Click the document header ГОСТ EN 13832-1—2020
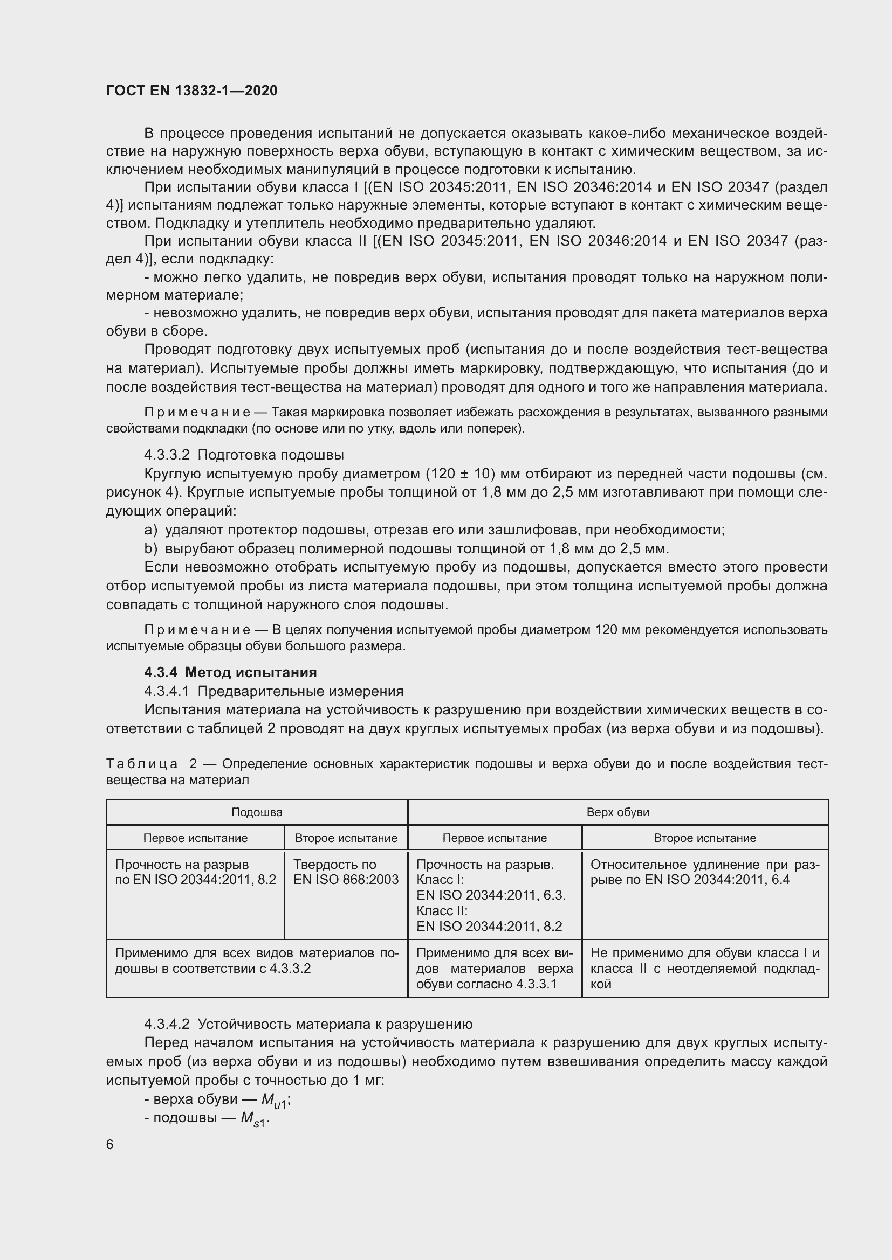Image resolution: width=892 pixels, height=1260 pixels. click(191, 91)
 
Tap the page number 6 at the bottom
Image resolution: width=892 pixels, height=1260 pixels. click(110, 1144)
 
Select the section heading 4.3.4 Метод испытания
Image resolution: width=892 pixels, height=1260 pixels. click(231, 672)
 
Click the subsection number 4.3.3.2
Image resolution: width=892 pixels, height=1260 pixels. click(167, 455)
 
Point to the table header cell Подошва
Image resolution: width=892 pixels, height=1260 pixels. click(257, 812)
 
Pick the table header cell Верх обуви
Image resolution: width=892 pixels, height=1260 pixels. click(617, 812)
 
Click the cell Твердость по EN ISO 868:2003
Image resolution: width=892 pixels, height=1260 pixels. click(346, 872)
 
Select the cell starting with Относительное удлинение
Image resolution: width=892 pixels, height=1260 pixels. click(704, 872)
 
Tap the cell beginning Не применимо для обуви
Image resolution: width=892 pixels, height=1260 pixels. click(704, 968)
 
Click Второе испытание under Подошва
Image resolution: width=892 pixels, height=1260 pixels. click(346, 838)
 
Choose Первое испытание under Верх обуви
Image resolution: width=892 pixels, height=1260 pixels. click(495, 838)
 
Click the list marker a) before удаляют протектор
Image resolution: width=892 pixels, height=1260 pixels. click(150, 530)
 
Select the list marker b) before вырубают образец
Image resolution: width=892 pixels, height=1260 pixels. click(150, 548)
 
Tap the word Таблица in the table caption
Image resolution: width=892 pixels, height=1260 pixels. click(142, 764)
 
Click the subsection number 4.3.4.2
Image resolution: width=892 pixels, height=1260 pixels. click(167, 1024)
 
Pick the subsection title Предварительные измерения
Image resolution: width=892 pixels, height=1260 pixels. click(300, 691)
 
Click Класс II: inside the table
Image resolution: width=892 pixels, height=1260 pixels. click(442, 911)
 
